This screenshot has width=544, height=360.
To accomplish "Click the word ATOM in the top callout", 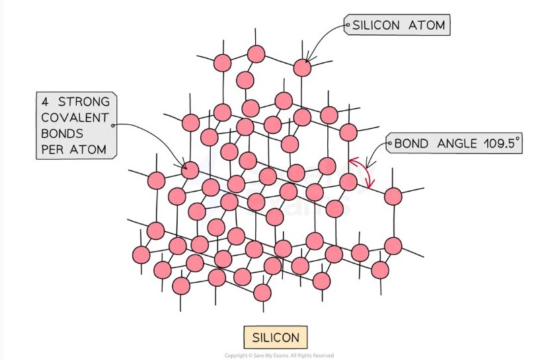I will (x=429, y=26).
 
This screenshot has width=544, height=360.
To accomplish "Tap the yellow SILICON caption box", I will (x=275, y=338).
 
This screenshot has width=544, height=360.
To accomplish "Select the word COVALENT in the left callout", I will (x=74, y=117).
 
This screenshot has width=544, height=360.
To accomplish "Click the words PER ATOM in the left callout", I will (x=73, y=149).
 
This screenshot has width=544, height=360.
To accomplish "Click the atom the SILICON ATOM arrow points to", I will (x=302, y=67).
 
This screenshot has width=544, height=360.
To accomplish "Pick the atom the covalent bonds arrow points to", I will (x=190, y=170).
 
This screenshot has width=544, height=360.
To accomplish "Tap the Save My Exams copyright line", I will (x=279, y=355).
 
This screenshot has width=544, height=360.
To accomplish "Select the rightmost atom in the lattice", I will (x=393, y=196).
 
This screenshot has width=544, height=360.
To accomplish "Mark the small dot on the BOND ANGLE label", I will (x=388, y=143).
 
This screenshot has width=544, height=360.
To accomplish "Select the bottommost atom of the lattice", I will (x=262, y=292).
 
